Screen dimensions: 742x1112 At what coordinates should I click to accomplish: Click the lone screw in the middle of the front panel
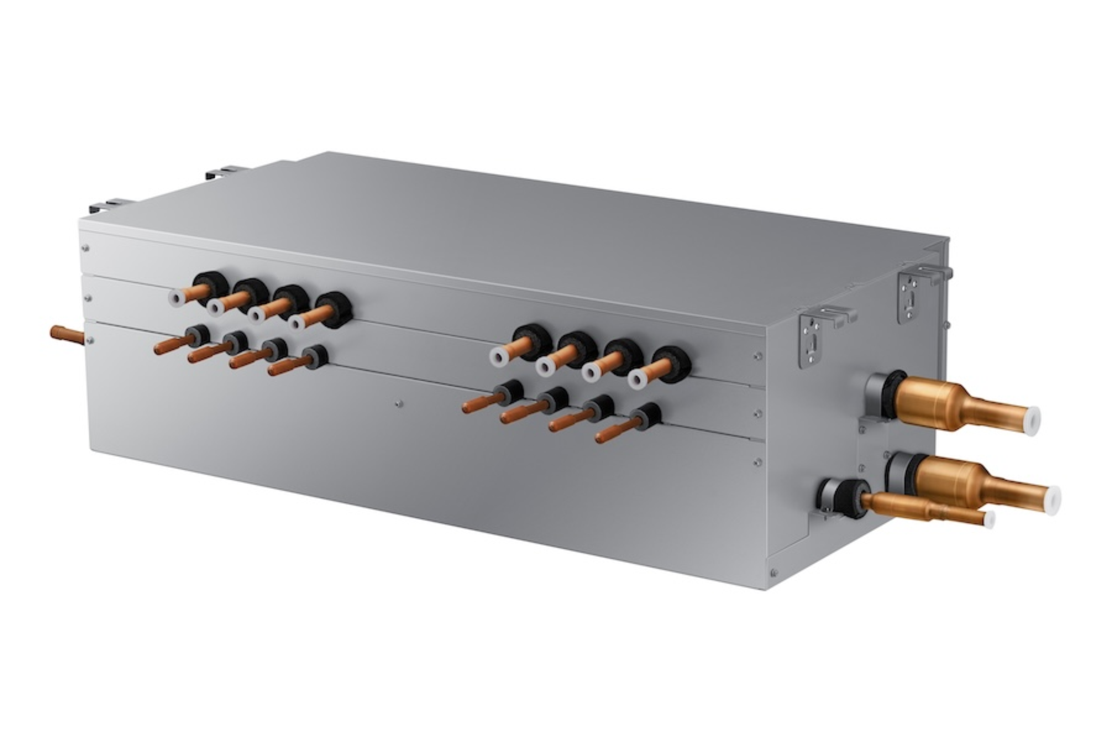[x=398, y=404]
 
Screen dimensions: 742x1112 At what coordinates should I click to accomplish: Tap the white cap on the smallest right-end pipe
[x=989, y=520]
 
